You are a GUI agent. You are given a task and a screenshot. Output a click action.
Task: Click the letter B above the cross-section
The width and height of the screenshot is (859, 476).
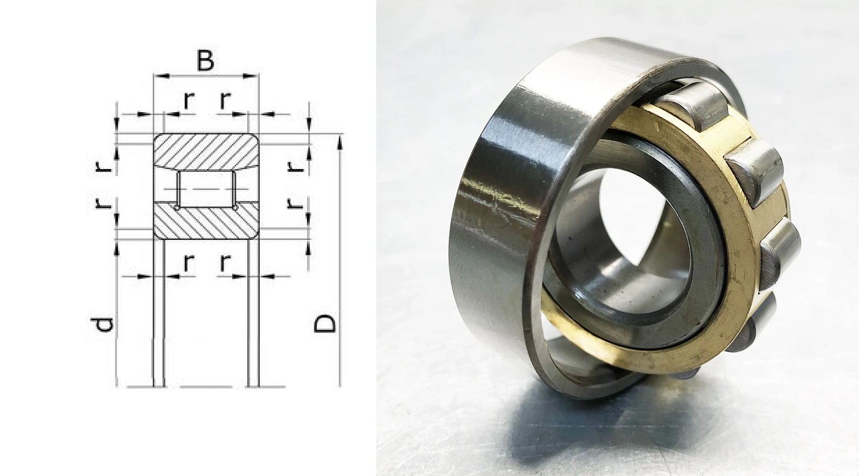point(205,61)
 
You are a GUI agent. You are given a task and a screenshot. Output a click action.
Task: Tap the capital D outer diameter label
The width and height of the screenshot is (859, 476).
point(324,324)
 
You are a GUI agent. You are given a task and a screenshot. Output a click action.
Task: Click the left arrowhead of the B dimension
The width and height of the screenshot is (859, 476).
point(161,76)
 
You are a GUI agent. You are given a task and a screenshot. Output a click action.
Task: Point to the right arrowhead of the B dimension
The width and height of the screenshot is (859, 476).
point(251,76)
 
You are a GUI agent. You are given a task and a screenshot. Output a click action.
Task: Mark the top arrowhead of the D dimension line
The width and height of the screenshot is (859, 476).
point(340,143)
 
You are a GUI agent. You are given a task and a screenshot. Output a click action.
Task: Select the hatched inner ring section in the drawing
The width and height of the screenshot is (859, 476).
point(206,221)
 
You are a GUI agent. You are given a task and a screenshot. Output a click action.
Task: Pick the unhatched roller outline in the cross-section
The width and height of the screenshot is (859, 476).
point(206,189)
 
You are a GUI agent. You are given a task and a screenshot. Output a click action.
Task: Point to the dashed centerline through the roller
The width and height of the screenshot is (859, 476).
point(206,189)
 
